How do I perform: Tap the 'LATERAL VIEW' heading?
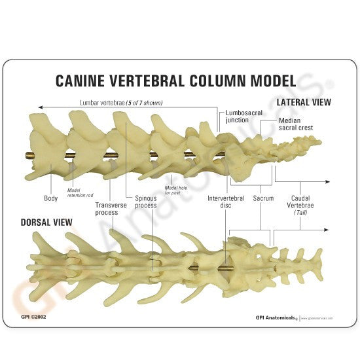(304, 103)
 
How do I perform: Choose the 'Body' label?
(51, 197)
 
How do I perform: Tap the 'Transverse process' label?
(106, 208)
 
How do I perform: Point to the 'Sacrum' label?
(262, 197)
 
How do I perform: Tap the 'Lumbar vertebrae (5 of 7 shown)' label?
(121, 103)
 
